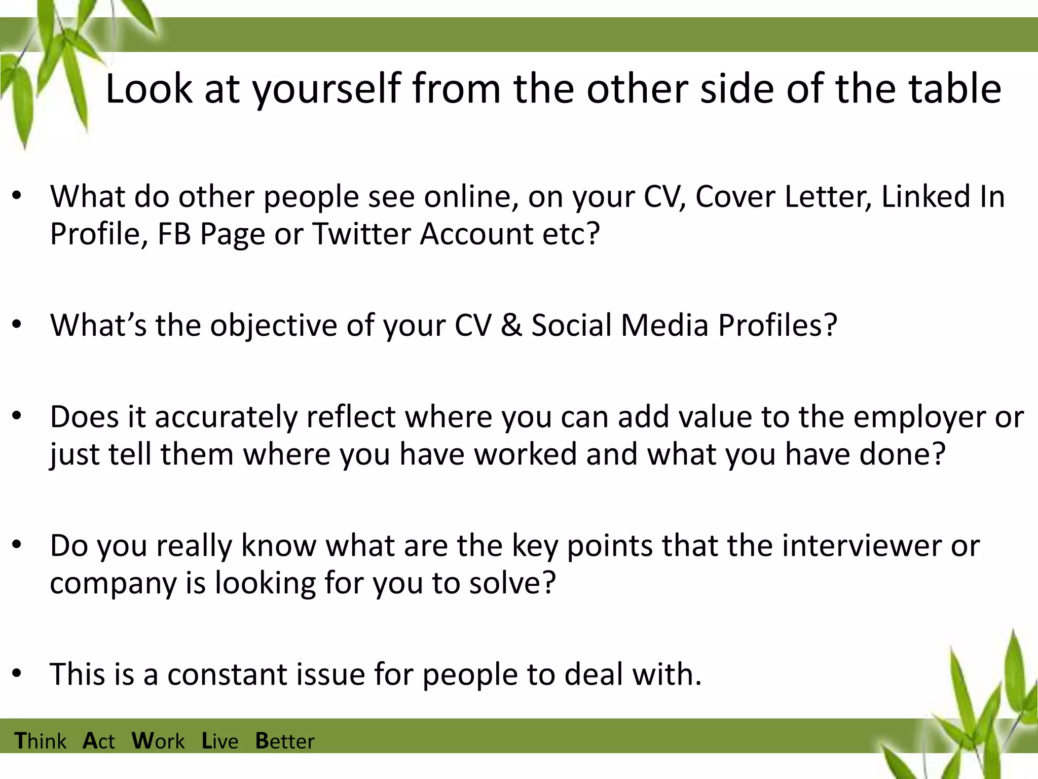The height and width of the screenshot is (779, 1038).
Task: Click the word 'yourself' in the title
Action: point(327,89)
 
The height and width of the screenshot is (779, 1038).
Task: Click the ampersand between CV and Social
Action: point(511,325)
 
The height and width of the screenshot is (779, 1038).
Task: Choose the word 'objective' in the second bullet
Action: point(274,325)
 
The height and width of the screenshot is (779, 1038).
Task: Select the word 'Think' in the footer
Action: point(41,741)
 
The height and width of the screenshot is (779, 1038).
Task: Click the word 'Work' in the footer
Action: point(158,741)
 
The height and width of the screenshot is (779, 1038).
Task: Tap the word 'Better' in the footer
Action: point(285,741)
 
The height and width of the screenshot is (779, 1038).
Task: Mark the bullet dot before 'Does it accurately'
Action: point(17,416)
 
